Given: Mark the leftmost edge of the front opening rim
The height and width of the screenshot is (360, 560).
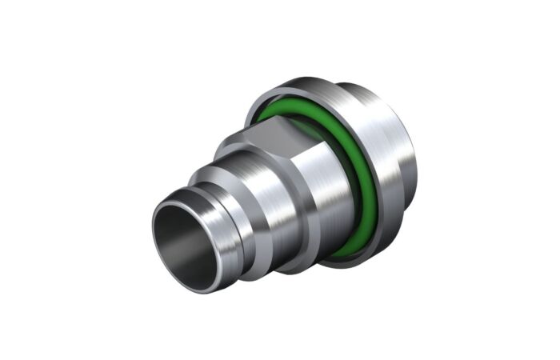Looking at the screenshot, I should click(152, 240).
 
